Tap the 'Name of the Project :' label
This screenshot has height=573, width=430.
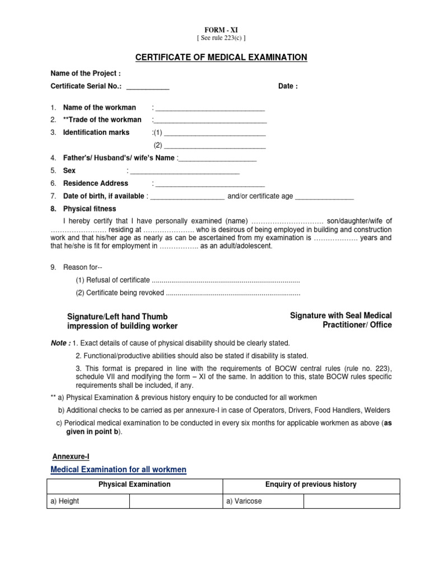[86, 74]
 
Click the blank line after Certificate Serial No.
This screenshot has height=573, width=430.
[148, 87]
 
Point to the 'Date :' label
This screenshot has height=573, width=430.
[288, 86]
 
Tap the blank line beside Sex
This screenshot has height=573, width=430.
[185, 171]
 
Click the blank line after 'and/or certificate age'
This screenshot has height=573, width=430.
[324, 198]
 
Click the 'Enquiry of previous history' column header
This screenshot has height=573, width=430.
[311, 485]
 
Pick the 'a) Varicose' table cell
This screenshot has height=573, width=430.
[263, 501]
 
